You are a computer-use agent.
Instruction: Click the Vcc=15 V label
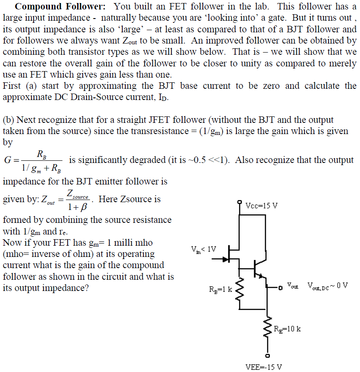261,205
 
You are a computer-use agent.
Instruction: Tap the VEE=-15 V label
264,367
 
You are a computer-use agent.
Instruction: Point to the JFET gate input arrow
224,259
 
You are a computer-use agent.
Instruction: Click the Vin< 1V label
203,249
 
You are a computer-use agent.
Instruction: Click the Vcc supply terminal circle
240,201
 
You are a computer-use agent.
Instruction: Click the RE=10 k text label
287,329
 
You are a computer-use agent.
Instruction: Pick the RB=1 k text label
220,289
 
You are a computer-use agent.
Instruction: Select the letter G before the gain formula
7,160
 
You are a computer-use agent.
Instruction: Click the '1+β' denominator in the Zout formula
78,206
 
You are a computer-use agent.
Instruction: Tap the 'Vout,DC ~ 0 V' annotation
327,285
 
